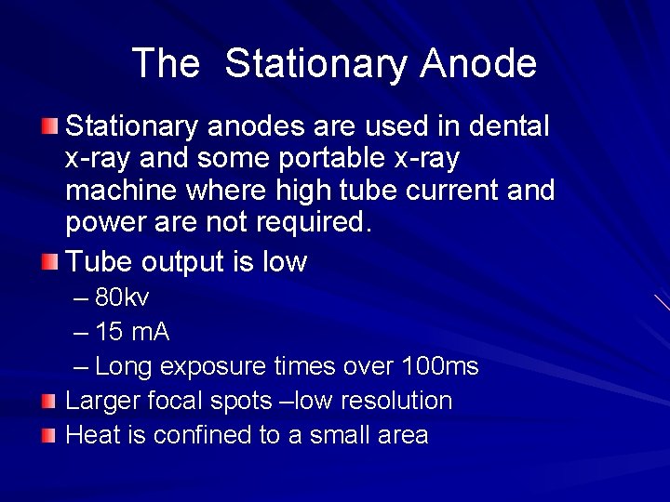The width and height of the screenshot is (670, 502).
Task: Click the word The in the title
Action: tap(166, 64)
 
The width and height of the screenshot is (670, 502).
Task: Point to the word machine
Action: tap(121, 192)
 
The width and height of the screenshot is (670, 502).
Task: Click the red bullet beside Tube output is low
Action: tap(48, 260)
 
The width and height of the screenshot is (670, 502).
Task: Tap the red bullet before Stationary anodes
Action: tap(48, 124)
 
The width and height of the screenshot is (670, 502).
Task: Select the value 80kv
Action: tap(122, 298)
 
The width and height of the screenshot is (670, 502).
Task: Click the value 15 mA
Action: tap(132, 332)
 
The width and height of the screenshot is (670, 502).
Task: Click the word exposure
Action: tap(213, 366)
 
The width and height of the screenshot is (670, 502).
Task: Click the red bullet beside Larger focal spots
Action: tap(48, 400)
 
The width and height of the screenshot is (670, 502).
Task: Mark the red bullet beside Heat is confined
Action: tap(48, 434)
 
